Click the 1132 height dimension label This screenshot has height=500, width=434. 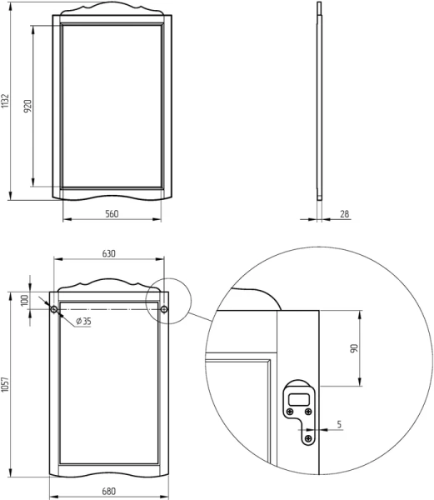[5, 101]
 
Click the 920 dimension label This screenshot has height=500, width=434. [27, 106]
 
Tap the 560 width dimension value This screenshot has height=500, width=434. [112, 213]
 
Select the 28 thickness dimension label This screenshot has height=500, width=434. [345, 214]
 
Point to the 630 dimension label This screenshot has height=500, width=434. [108, 253]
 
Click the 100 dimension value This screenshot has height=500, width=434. [24, 301]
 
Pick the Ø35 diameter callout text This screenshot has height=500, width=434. [84, 321]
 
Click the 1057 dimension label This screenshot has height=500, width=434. [5, 383]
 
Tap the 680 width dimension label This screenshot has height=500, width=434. [108, 492]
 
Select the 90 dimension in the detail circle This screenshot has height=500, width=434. [354, 348]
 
